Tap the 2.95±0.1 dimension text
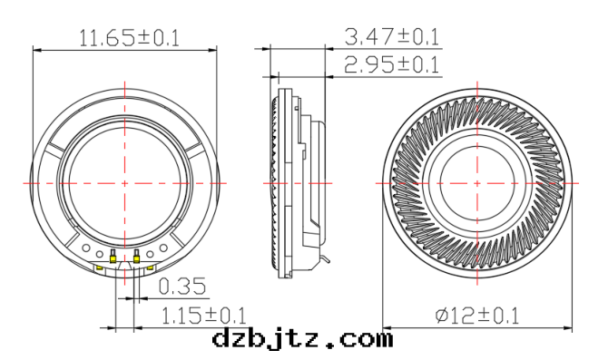point(393,64)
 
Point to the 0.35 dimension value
point(182,287)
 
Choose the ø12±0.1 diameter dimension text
point(478,316)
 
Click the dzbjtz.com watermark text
point(302,340)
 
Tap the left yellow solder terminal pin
point(113,258)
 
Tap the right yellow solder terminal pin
point(136,258)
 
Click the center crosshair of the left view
point(125,181)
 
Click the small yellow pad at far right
point(152,267)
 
